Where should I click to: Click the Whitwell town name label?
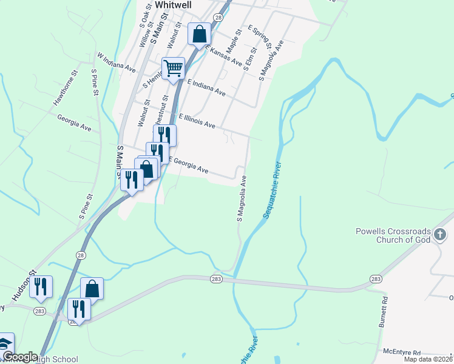(174, 5)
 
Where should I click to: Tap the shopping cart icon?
(174, 69)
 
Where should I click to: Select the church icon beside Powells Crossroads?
(440, 234)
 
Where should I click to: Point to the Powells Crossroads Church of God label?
(393, 235)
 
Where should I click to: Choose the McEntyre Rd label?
(402, 351)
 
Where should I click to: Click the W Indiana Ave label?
(117, 62)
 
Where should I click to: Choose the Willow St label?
(144, 36)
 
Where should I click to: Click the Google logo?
(20, 357)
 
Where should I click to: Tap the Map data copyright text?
(425, 359)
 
